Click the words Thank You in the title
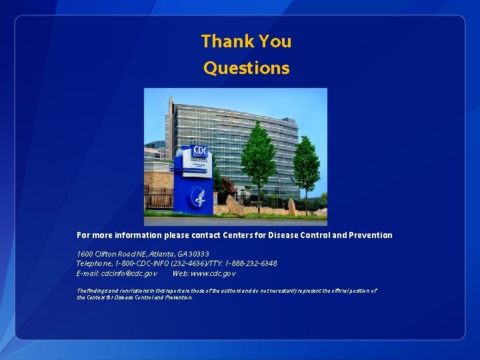click(x=246, y=41)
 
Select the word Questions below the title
click(x=246, y=68)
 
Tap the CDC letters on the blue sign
click(x=199, y=152)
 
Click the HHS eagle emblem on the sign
click(x=199, y=197)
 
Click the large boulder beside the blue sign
click(x=235, y=206)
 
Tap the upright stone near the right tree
click(x=291, y=207)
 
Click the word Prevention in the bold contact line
click(x=369, y=235)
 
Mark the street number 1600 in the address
click(x=85, y=254)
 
